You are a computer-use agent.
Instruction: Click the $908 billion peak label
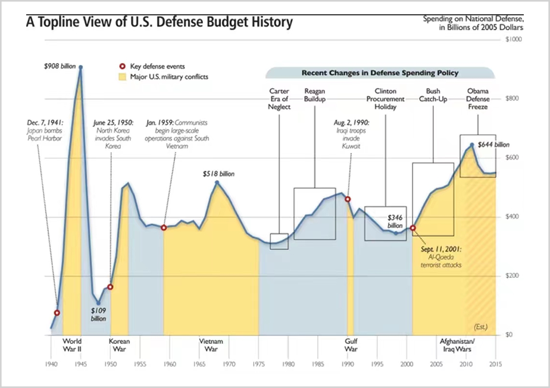60,66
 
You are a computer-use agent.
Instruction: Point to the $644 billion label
493,145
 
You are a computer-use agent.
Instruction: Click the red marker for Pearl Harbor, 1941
57,313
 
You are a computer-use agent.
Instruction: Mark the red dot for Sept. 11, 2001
413,228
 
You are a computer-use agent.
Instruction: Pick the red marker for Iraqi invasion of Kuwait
348,199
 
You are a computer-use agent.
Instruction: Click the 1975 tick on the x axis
258,363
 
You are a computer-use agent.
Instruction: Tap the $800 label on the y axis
512,99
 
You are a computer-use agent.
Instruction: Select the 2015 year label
495,363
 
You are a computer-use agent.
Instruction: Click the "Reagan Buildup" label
314,95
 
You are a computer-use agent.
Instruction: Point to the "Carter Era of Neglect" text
279,99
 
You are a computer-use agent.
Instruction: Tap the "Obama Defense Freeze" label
477,99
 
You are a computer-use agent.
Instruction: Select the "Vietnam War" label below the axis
211,345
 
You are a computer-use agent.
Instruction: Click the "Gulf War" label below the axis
351,345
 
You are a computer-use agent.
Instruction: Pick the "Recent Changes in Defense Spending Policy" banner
380,73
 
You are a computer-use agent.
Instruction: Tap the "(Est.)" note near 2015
480,327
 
